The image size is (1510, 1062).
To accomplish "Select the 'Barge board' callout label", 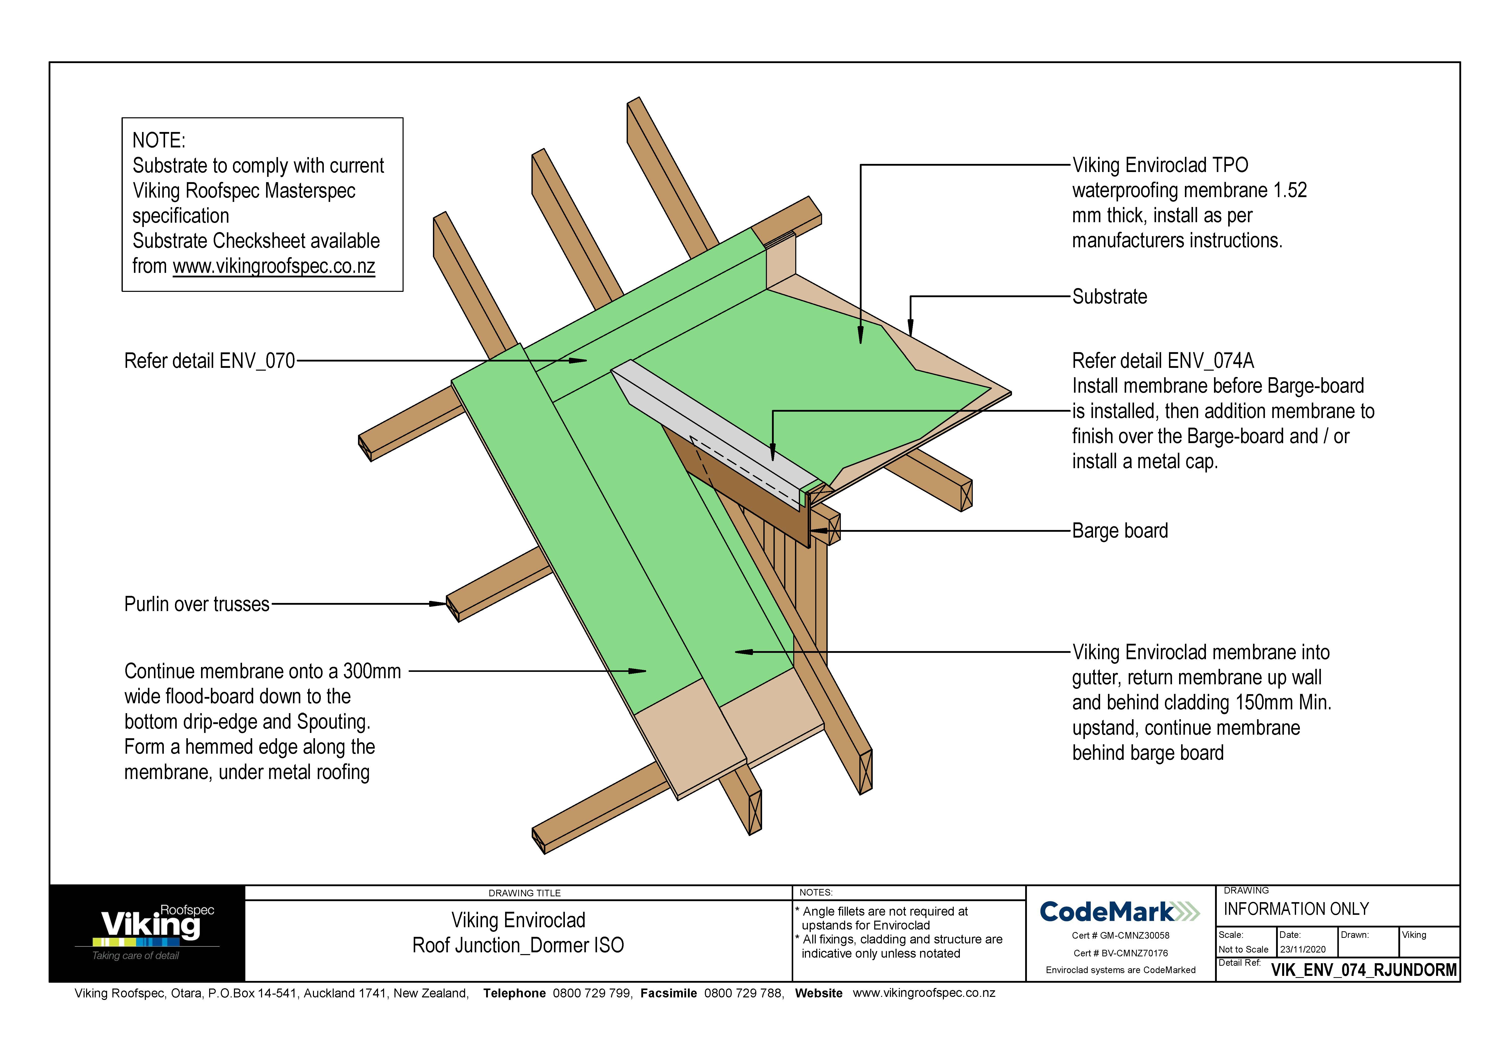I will (1119, 531).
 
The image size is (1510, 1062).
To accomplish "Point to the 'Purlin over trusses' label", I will (197, 604).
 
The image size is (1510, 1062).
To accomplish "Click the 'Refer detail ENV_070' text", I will (209, 361).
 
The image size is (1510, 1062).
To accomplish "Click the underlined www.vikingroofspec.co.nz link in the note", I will (274, 267).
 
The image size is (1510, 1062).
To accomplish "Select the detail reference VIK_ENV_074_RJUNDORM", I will (1363, 970).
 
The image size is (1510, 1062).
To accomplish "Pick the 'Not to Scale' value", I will (1243, 950).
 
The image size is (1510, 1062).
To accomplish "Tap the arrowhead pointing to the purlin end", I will (439, 603).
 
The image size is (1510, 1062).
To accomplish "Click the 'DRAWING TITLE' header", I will (524, 893).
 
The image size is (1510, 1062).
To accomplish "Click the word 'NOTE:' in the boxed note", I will (158, 140).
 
